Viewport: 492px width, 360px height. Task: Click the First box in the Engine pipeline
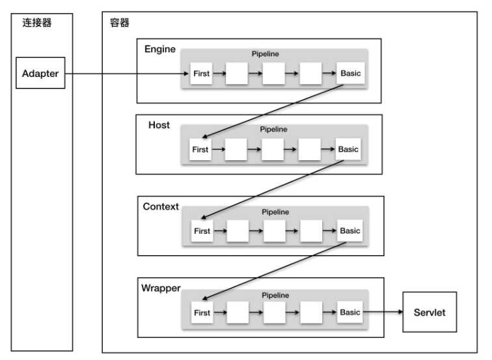click(202, 74)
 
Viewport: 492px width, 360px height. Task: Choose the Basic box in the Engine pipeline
click(351, 74)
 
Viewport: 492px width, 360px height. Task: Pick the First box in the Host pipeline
click(200, 150)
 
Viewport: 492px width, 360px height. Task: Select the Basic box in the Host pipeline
click(348, 150)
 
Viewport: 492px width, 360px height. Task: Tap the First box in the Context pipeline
click(202, 231)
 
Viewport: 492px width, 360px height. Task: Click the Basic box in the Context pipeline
click(349, 231)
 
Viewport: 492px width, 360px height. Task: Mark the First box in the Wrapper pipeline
click(202, 312)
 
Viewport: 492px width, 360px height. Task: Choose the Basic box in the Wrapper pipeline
click(349, 312)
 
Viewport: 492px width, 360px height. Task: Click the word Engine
click(159, 49)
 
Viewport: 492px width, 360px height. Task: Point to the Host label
click(159, 125)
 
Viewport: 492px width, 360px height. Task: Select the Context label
click(160, 206)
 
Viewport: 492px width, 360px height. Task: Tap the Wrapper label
click(161, 287)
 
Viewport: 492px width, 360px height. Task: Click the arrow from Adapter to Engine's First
click(124, 74)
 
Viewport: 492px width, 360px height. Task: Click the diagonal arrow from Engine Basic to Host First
click(277, 111)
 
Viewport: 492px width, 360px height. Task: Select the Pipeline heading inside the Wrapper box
click(275, 294)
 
